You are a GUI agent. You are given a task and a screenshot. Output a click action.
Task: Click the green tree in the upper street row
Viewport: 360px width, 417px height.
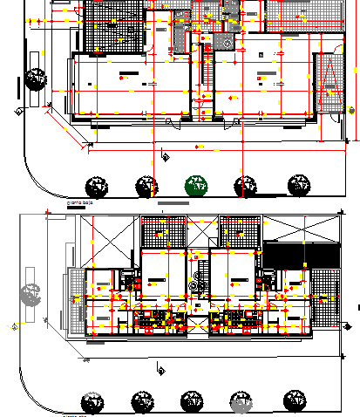[x=197, y=185]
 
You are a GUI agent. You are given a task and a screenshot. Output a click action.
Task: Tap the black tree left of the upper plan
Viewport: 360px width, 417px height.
[x=36, y=79]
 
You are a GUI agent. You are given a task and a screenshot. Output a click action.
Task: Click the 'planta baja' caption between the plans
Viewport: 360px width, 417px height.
[x=81, y=202]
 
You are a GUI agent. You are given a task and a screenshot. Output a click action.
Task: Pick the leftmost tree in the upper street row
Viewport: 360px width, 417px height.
[x=96, y=185]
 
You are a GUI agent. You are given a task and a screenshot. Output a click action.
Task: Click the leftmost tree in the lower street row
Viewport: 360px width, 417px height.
[x=93, y=401]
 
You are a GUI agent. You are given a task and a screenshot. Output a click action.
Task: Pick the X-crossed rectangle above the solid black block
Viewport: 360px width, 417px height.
[x=301, y=228]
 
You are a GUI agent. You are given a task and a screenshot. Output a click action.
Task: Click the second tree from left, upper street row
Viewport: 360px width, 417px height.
[x=146, y=185]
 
